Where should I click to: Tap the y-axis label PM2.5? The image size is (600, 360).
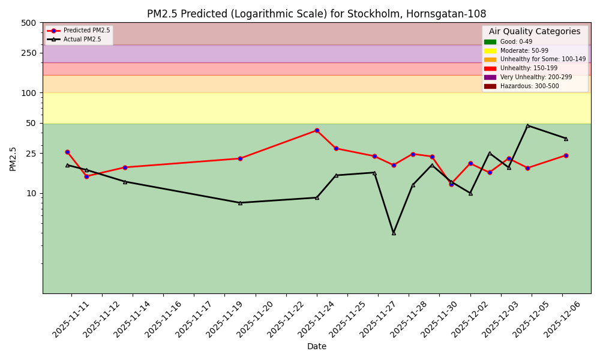click(x=13, y=158)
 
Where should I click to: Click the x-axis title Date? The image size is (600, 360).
click(x=317, y=346)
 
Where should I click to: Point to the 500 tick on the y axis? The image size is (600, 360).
click(x=29, y=23)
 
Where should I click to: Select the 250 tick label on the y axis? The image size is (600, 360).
click(x=29, y=53)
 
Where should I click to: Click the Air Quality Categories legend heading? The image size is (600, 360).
click(x=535, y=32)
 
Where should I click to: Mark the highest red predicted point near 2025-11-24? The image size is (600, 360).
click(x=317, y=130)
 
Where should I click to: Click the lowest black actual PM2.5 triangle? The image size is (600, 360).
click(x=394, y=233)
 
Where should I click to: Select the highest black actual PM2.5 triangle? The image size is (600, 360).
click(x=528, y=125)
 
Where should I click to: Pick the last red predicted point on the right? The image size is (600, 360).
click(x=566, y=155)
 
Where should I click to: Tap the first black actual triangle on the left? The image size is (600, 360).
click(x=67, y=165)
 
